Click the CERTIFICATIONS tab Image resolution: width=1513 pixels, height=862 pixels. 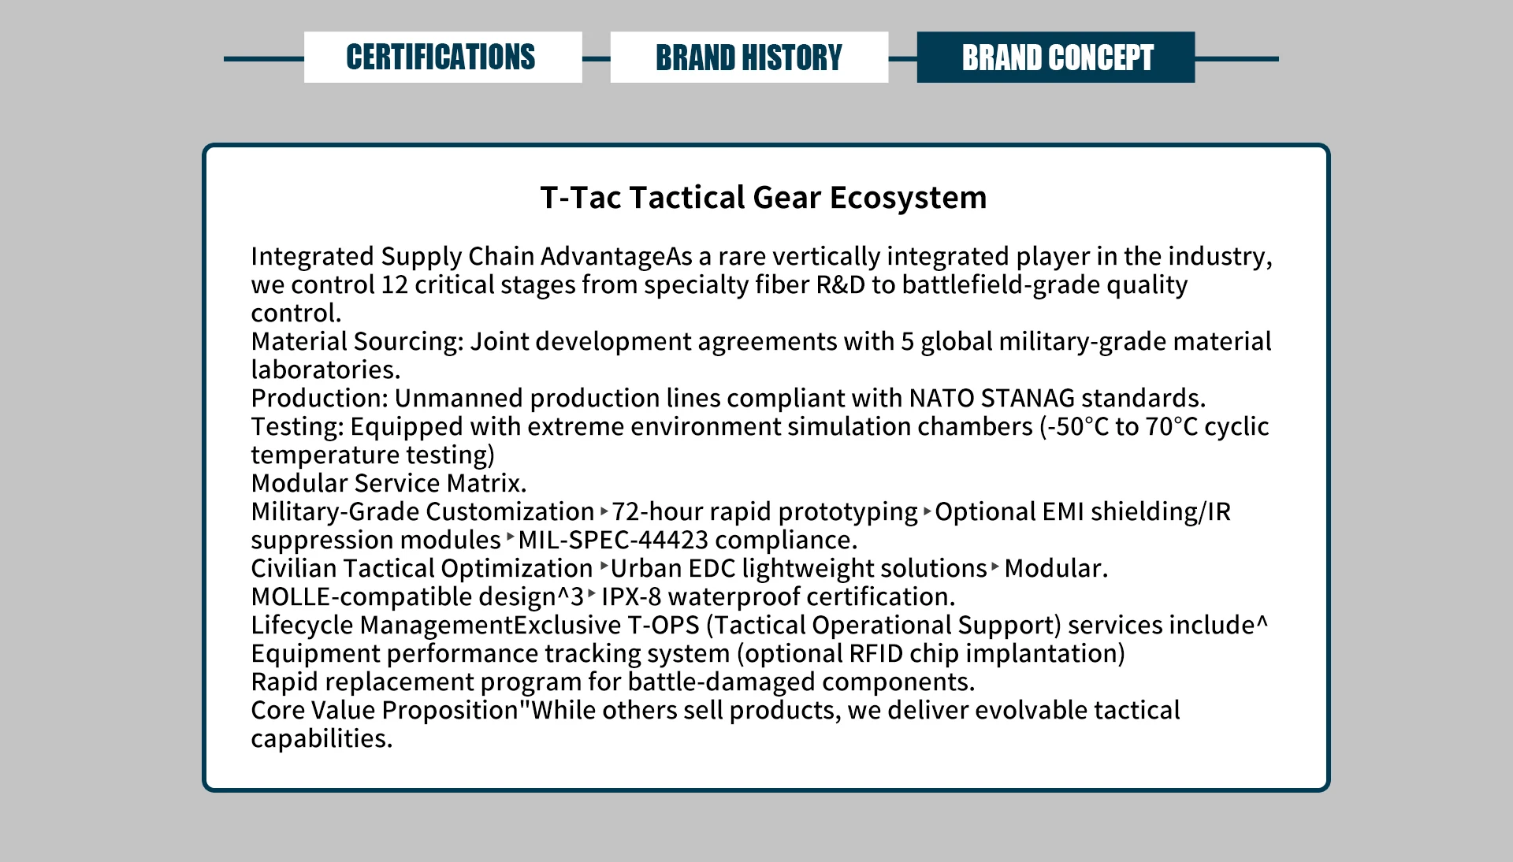point(443,58)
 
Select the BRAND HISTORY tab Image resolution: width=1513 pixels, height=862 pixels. point(749,58)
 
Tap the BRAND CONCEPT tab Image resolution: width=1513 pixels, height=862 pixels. point(1056,58)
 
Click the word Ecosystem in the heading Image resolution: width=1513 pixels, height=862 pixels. point(908,197)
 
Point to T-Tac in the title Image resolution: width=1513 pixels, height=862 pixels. point(581,197)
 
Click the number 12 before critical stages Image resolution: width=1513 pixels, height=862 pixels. point(395,284)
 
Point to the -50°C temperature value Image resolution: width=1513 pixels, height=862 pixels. point(1078,426)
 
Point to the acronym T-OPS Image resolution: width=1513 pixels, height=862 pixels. point(664,625)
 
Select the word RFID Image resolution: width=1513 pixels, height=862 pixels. point(875,653)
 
